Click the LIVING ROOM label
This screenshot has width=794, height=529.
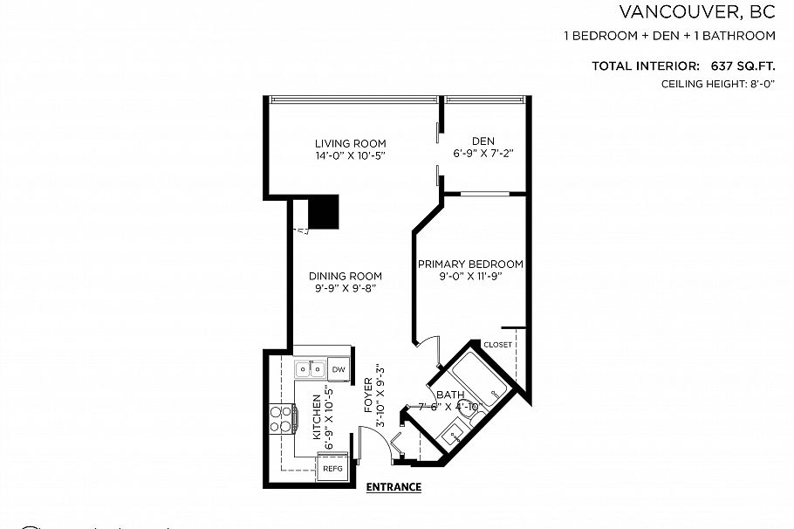click(350, 144)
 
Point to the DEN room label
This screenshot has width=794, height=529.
click(483, 141)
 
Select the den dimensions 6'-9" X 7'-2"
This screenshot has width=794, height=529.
click(483, 154)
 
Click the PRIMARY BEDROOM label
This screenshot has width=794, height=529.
click(469, 264)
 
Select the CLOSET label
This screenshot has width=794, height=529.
click(497, 345)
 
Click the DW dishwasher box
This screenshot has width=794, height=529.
click(339, 369)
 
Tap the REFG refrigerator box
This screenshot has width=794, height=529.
click(333, 469)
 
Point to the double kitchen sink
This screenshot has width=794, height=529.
click(310, 368)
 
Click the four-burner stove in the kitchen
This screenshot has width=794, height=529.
click(281, 419)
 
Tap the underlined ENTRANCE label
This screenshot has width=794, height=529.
click(394, 487)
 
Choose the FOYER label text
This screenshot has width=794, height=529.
click(368, 395)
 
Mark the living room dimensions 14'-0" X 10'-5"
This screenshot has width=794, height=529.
click(350, 156)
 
